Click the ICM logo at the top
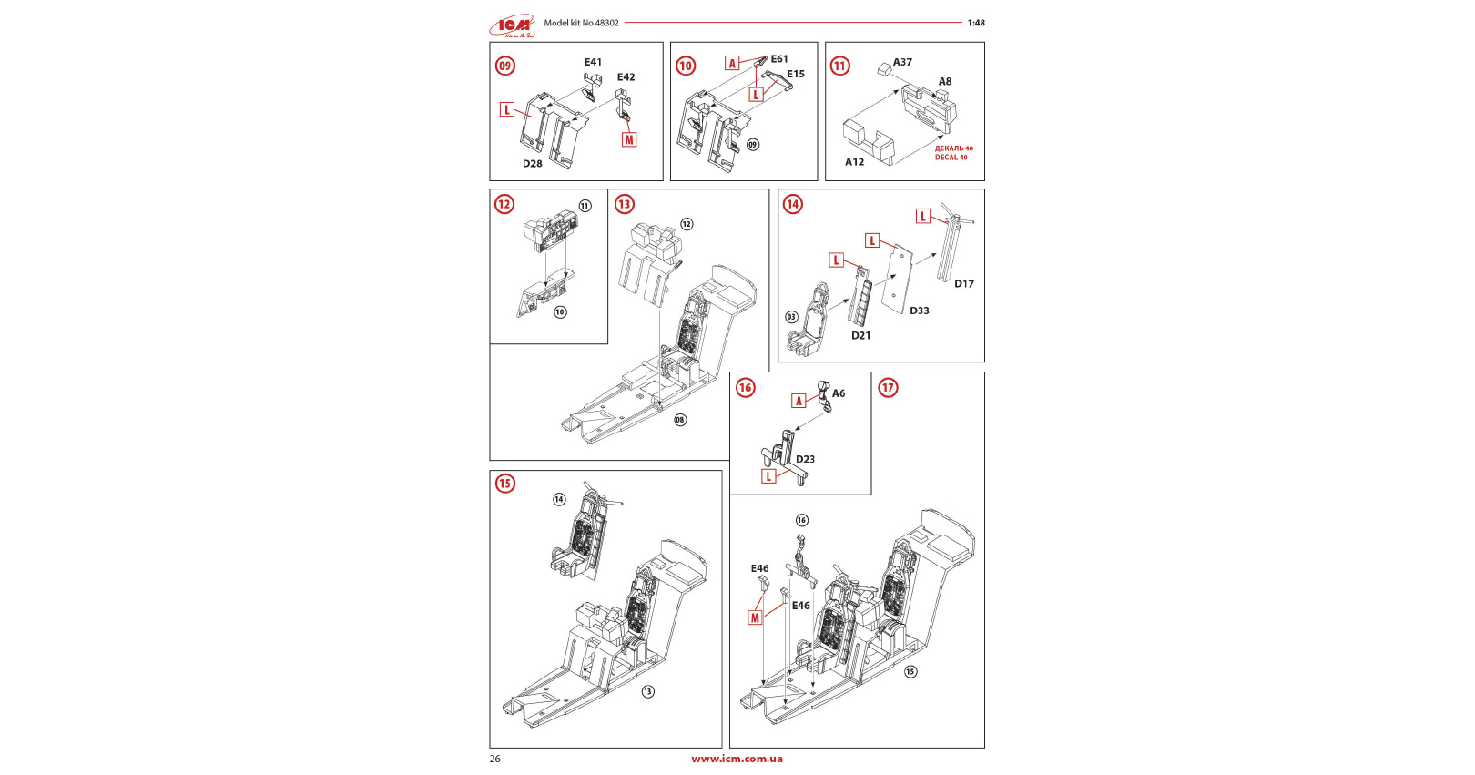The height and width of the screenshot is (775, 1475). tap(513, 25)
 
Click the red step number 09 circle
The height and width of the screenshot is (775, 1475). tap(504, 66)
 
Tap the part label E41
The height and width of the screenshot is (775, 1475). tap(593, 62)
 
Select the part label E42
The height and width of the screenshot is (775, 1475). tap(626, 77)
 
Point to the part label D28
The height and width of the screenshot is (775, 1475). tap(532, 164)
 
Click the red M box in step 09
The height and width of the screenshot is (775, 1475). tap(629, 139)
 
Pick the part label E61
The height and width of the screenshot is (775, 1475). tap(779, 59)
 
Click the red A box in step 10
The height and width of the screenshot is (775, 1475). tap(732, 64)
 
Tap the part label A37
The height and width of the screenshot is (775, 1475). tap(902, 62)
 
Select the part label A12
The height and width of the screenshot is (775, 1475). tap(854, 162)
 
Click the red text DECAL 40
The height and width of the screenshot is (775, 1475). tap(951, 158)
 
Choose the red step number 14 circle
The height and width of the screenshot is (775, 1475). tap(792, 204)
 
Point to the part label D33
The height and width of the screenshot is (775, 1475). tap(920, 311)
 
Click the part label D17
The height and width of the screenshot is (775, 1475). tap(964, 284)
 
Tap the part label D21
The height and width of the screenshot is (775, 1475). tap(860, 335)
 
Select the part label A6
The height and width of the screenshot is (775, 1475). tap(839, 393)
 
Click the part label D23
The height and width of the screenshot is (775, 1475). tap(805, 459)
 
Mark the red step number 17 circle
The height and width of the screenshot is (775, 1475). tap(888, 388)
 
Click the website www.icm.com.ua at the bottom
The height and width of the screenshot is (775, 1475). tap(737, 759)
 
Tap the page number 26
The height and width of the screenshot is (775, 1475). tap(495, 759)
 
